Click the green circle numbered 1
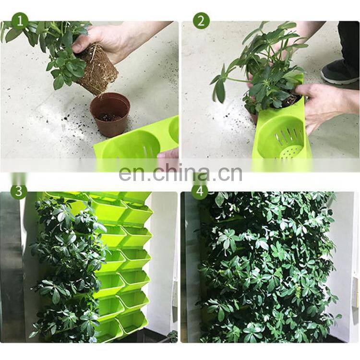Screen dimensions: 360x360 [x=20, y=21]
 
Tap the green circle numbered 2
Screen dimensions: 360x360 [x=201, y=21]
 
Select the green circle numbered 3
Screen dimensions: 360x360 [x=19, y=191]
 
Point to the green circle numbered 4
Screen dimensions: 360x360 [x=200, y=191]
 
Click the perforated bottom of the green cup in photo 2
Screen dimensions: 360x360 [x=289, y=152]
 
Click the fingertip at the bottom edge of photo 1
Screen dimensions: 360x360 [x=168, y=153]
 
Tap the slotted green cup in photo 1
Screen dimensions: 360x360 [x=131, y=144]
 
